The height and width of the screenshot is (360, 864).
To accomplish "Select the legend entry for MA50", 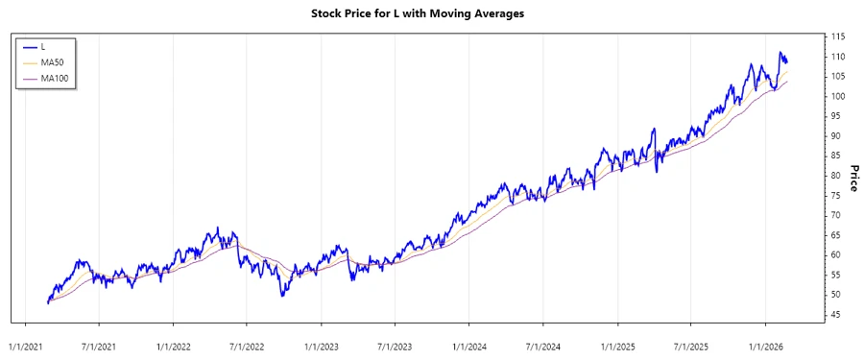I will pyautogui.click(x=53, y=61).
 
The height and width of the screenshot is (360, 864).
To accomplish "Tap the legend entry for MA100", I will pyautogui.click(x=55, y=78).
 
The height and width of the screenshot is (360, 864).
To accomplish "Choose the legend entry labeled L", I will pyautogui.click(x=44, y=46).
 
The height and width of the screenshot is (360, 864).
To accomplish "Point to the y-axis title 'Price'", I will pyautogui.click(x=852, y=176).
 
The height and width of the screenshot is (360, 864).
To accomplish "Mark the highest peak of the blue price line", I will pyautogui.click(x=780, y=53).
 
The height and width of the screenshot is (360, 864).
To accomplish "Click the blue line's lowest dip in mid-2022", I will pyautogui.click(x=282, y=296).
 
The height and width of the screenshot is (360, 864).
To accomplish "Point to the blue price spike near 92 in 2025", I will pyautogui.click(x=654, y=129).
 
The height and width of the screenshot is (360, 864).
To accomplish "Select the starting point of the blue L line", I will pyautogui.click(x=47, y=303).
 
